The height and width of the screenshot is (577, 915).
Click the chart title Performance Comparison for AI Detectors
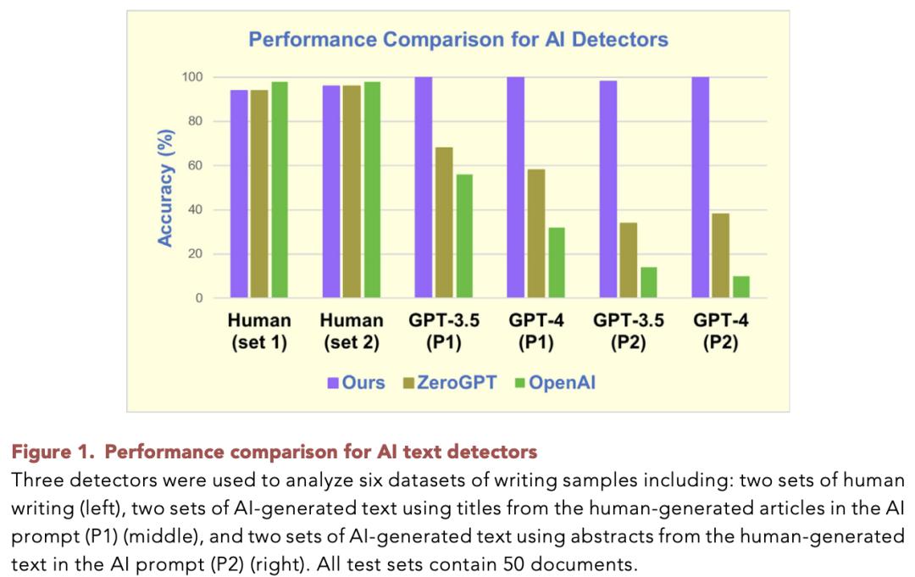(x=457, y=39)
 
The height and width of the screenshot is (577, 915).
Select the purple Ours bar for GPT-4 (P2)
(x=701, y=187)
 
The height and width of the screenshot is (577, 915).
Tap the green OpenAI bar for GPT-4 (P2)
(x=741, y=287)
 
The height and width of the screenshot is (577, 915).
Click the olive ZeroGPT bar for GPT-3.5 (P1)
(x=444, y=223)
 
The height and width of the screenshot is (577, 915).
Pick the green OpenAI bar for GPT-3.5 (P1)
(x=463, y=236)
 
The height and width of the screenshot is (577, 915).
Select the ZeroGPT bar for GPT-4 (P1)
(x=536, y=234)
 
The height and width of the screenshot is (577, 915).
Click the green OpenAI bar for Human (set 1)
(x=279, y=190)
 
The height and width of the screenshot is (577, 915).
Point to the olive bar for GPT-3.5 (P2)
(x=629, y=260)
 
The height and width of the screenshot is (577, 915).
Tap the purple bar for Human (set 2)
(x=330, y=191)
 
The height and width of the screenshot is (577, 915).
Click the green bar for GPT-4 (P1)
(x=556, y=263)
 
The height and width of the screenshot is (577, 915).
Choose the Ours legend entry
(x=357, y=382)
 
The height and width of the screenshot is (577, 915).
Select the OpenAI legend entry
(x=555, y=382)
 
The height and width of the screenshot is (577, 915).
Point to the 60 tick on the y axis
(x=194, y=165)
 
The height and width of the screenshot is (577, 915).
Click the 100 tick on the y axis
(x=191, y=77)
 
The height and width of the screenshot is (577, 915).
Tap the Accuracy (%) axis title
(x=166, y=188)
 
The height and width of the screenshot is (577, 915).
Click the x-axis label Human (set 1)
(x=259, y=332)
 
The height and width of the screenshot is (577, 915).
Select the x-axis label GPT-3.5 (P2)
(x=629, y=332)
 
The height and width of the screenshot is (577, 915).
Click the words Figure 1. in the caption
(x=53, y=450)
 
